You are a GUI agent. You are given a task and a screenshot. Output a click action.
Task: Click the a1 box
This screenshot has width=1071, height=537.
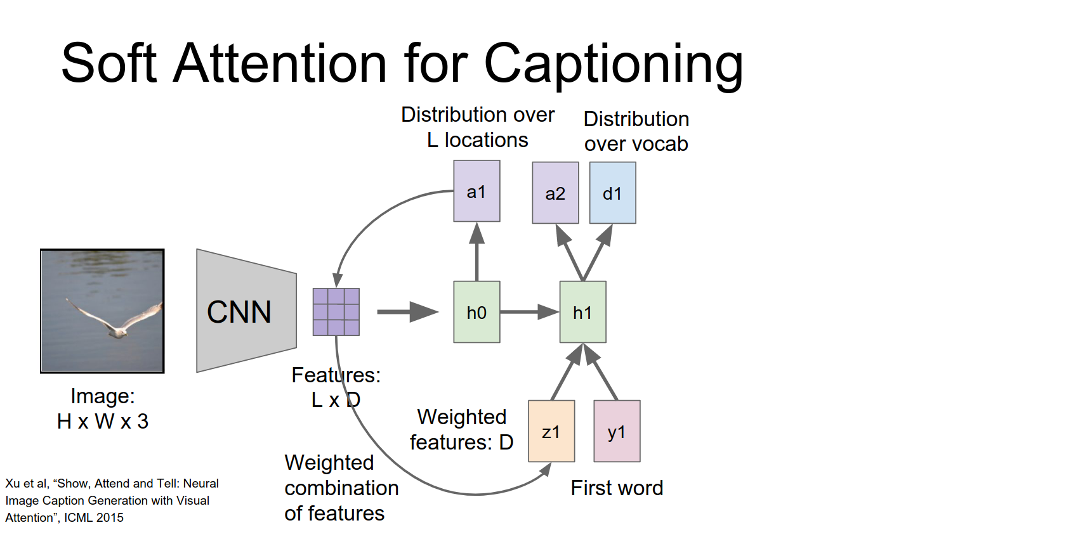pos(476,191)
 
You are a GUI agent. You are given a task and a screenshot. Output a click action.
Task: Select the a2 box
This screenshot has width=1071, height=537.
pos(555,193)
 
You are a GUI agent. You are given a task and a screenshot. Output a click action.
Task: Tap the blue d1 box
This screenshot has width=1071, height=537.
pos(612,193)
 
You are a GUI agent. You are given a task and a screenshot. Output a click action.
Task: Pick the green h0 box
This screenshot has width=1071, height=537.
pos(476,312)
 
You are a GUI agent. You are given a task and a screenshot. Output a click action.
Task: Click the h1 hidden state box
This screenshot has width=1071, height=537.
pos(582,312)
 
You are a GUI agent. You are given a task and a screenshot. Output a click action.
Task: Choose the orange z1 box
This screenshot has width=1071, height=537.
pos(551,431)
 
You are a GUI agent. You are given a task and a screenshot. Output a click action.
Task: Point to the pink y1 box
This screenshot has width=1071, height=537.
pos(617,431)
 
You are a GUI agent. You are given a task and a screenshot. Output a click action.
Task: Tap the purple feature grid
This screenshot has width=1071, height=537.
pos(336,311)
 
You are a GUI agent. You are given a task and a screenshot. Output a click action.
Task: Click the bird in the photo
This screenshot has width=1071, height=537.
pos(114,321)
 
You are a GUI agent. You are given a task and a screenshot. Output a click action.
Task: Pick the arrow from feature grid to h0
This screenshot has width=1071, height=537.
pos(407,311)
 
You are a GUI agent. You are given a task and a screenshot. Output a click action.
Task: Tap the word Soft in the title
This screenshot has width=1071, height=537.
pos(108,63)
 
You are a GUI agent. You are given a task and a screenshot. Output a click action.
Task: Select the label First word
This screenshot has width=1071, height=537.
pos(617,488)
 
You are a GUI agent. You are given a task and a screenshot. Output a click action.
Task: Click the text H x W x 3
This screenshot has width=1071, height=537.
pos(103,421)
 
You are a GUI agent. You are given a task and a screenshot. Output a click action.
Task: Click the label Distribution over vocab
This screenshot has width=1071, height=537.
pos(636,131)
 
